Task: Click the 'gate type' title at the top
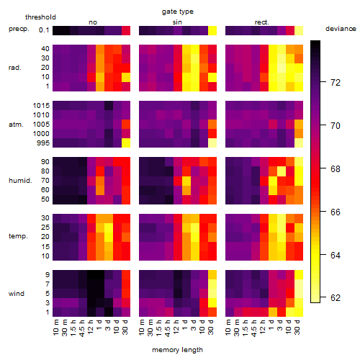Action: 178,12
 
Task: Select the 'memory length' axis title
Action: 177,350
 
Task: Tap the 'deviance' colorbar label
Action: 341,29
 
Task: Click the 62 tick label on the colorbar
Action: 336,298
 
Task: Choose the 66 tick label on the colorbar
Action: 336,212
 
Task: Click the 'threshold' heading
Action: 40,17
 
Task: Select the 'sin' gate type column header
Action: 177,22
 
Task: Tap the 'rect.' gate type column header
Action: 262,22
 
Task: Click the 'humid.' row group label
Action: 20,181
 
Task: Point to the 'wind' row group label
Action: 17,294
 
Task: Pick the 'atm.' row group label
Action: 16,125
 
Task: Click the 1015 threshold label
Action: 41,106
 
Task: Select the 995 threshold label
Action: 43,143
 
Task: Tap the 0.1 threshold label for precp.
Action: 44,30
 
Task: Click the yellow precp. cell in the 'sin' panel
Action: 212,30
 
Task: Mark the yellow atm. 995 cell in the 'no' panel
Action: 126,143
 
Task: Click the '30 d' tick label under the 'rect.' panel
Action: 297,327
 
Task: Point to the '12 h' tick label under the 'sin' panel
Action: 176,327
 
